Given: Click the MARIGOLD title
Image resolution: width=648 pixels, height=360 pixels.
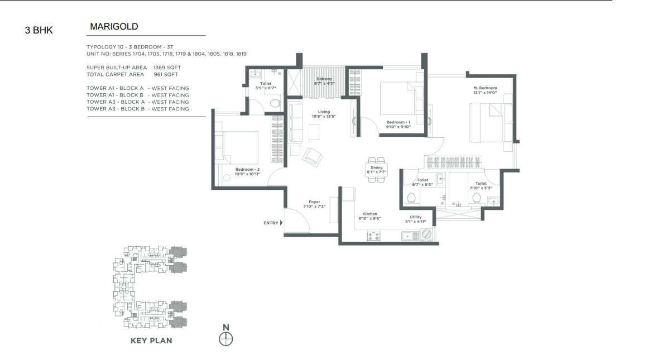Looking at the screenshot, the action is (114, 26).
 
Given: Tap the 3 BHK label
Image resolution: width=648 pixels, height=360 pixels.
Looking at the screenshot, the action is (39, 30).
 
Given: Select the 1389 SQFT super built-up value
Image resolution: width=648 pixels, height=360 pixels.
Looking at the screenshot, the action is (167, 68).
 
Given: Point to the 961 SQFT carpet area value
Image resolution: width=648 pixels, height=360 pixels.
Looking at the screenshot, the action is (166, 74).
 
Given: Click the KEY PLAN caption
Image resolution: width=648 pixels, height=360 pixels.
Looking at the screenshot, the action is (151, 340).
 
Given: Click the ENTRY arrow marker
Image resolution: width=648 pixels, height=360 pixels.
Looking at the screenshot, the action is (281, 223).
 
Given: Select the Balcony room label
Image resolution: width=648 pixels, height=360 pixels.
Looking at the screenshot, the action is (324, 79).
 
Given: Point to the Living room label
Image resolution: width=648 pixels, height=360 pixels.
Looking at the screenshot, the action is (324, 112).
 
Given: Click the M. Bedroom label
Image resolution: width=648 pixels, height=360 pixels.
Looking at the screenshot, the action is (485, 88).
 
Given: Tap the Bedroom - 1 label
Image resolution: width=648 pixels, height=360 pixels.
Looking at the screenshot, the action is (399, 122).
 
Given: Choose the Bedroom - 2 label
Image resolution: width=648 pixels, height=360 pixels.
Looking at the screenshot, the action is (248, 170).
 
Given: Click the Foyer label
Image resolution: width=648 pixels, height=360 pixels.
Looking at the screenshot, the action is (314, 202).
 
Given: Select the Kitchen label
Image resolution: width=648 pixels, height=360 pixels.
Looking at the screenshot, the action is (370, 214).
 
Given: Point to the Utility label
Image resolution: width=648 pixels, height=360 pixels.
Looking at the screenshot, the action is (416, 217).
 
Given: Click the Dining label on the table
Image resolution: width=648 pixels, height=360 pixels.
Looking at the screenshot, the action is (377, 168).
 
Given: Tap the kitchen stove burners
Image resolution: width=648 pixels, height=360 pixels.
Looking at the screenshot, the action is (373, 236).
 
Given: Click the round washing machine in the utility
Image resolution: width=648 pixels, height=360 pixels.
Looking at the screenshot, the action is (426, 234).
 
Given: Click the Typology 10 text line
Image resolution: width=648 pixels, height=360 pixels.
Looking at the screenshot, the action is (129, 47).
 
